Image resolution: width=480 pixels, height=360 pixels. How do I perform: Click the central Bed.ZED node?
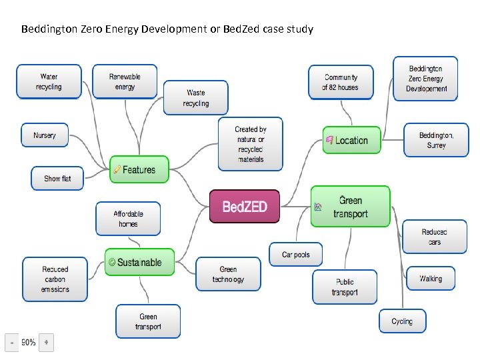245,207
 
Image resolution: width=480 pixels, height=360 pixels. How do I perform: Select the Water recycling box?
49,82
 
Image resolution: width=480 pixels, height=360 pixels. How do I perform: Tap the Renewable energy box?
125,82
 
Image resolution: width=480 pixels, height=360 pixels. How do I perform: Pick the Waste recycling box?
196,98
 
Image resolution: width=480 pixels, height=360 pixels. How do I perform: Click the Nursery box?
45,135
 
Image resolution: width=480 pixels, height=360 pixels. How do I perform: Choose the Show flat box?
57,179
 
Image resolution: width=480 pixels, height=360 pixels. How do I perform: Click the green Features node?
139,170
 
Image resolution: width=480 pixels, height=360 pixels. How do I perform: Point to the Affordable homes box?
128,219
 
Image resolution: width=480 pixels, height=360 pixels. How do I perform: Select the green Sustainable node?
139,263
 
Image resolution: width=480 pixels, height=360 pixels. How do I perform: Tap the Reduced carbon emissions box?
55,279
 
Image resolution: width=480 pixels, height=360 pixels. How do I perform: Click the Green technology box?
228,275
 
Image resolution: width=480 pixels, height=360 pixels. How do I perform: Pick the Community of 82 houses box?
340,82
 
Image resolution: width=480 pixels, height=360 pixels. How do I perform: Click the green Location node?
351,141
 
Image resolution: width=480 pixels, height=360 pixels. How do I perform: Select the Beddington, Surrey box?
436,140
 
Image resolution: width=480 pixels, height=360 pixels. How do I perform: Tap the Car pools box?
296,255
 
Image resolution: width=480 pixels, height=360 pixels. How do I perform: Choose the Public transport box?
345,287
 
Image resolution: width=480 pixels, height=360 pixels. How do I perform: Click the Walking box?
431,279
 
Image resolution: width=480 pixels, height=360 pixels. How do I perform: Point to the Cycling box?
402,321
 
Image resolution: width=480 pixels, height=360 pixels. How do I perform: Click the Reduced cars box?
435,237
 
